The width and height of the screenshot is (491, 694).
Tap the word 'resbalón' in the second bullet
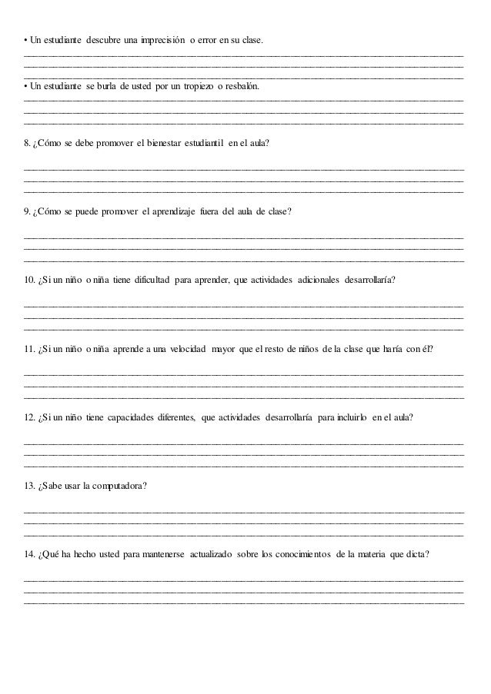coord(243,88)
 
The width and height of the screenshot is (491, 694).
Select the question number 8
coord(28,144)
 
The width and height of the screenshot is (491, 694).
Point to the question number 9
coord(28,211)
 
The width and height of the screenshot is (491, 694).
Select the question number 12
coord(30,417)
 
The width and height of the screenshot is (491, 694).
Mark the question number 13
coord(30,485)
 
